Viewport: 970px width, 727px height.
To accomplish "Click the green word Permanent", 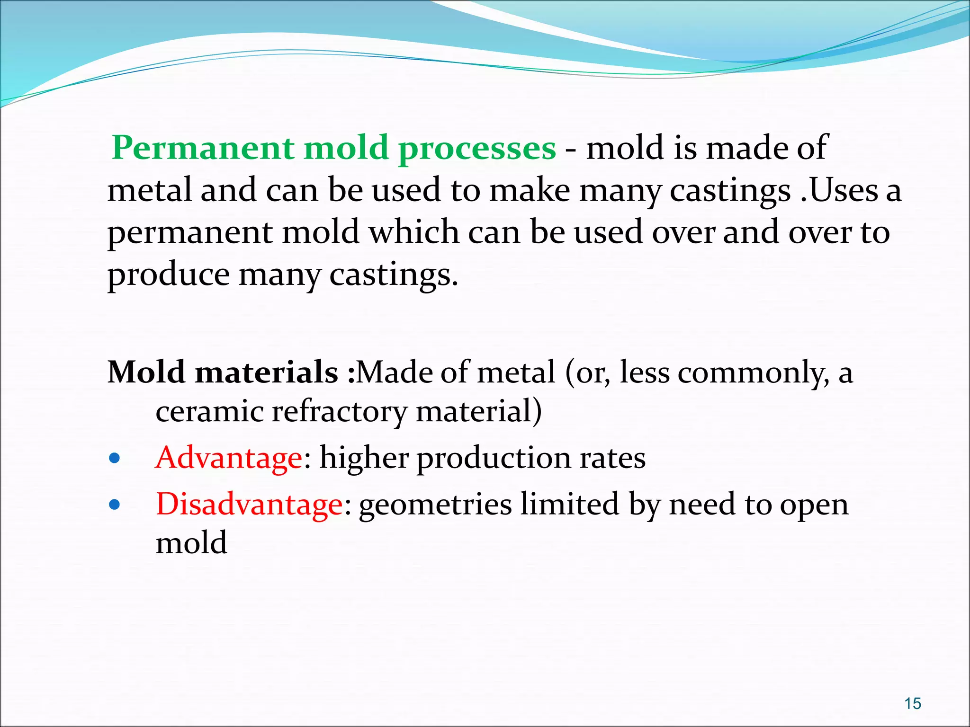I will [x=203, y=148].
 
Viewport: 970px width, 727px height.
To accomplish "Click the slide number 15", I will [x=912, y=703].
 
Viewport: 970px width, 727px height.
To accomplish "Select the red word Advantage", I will [x=229, y=458].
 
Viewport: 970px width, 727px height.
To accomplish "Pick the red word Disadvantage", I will [x=249, y=504].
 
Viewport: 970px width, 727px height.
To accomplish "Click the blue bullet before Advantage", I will [x=114, y=458].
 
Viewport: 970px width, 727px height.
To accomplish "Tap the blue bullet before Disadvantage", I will [x=114, y=505].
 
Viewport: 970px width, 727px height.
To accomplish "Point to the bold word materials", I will [x=266, y=372].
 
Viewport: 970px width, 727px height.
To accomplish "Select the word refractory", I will [x=339, y=412].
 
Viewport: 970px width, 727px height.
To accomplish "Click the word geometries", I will [x=435, y=505].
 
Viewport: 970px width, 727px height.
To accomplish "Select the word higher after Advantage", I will [x=364, y=458].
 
